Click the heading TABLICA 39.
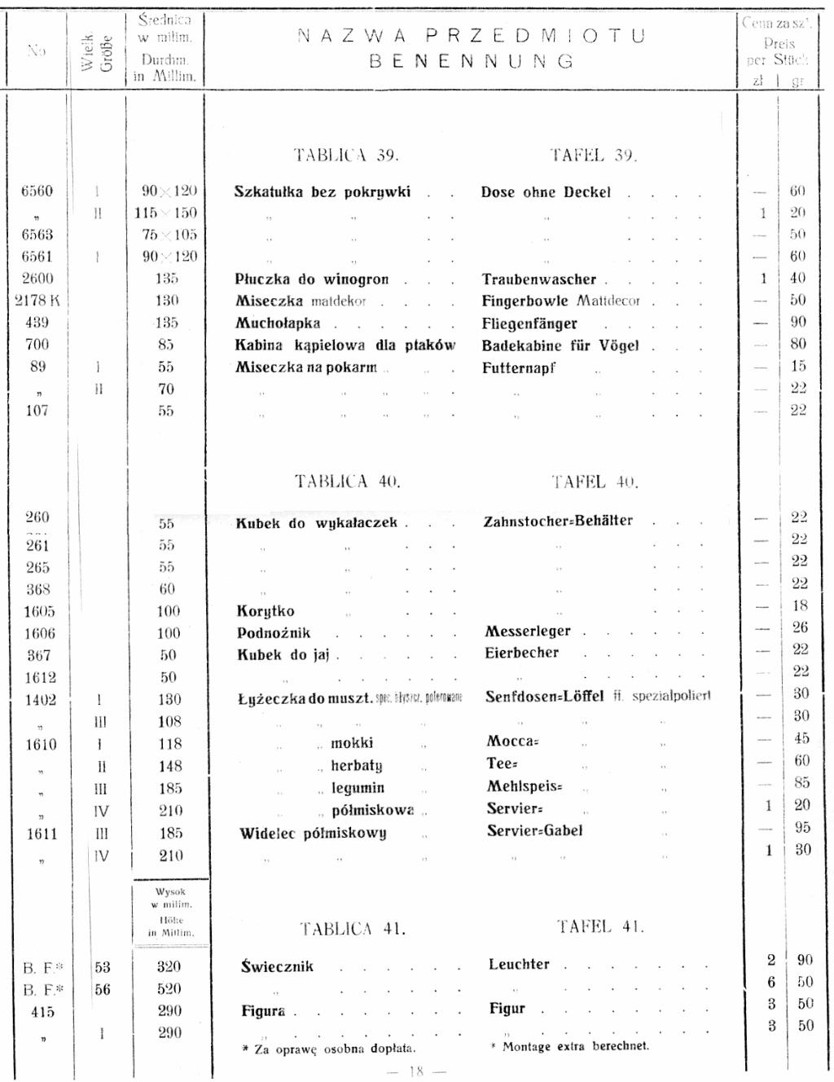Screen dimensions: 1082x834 click(346, 156)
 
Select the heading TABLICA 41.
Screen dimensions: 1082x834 click(352, 929)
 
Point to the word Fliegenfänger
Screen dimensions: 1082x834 click(529, 323)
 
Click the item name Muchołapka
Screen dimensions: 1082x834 click(278, 323)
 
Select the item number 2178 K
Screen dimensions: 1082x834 click(37, 301)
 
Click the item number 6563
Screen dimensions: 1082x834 click(37, 235)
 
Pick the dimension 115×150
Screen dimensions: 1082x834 click(166, 213)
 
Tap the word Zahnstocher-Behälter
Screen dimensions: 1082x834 click(558, 521)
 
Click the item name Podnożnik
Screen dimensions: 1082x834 click(274, 633)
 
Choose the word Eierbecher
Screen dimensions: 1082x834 click(522, 653)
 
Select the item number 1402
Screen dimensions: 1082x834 click(40, 700)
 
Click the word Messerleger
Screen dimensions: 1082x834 click(528, 631)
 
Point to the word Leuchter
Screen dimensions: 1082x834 click(519, 965)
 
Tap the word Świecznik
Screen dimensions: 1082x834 click(277, 967)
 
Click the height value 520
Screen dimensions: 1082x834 click(169, 989)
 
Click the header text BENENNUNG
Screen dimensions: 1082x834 click(472, 61)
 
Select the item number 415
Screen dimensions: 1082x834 click(42, 1012)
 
